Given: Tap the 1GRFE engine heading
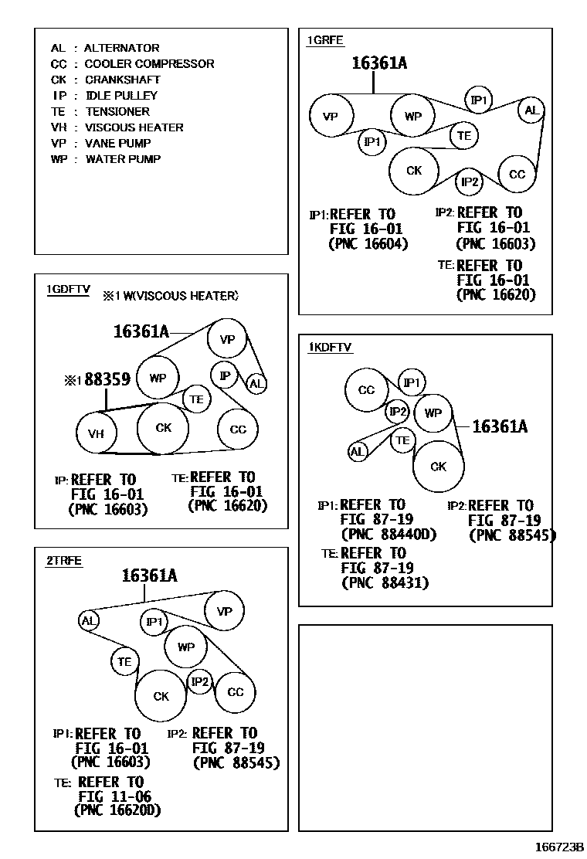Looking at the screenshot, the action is coord(325,41).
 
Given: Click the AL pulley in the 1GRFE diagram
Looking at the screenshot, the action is coord(531,110).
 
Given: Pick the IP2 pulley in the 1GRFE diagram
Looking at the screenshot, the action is coord(470,182).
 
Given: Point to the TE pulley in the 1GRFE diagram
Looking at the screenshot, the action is coord(463,135).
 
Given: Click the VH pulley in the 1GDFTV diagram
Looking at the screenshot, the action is coord(96,433).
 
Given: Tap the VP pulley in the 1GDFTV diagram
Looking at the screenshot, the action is coord(227,340).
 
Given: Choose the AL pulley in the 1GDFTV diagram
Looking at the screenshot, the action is coord(256,383).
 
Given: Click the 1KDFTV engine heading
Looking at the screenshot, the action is coord(330,348).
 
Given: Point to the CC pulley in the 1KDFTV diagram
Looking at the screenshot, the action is coord(366,390).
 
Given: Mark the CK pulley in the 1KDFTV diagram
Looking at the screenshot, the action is coord(438,466).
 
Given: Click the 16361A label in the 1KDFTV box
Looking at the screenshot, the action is coord(499,426).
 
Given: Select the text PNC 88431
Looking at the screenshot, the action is coord(385,583).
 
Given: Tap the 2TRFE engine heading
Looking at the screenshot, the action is coord(64,561).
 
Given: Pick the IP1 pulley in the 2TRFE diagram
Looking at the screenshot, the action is coord(154,622).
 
